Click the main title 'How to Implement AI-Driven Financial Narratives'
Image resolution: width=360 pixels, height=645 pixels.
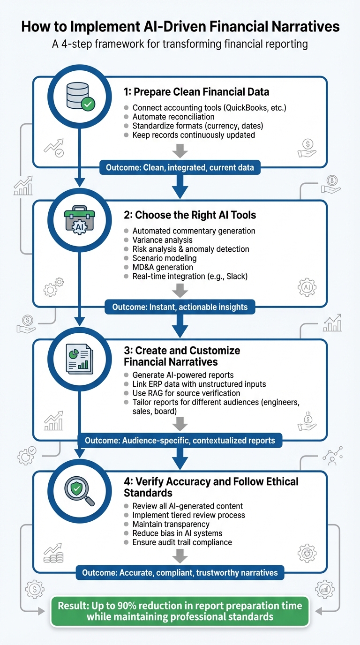[x=180, y=27]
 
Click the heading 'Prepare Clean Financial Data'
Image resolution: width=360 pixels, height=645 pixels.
[x=202, y=91]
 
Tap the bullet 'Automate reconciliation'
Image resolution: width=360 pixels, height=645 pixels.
[x=173, y=117]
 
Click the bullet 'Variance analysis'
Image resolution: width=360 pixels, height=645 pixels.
[x=163, y=240]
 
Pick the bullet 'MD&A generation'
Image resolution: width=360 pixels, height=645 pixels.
[x=163, y=267]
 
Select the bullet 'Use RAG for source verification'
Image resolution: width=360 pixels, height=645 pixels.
[x=186, y=393]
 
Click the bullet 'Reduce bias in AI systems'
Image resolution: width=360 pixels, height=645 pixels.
[x=177, y=533]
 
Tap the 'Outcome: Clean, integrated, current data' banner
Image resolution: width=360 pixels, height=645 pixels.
[x=180, y=167]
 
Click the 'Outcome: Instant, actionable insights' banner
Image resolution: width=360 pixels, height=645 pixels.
[x=180, y=307]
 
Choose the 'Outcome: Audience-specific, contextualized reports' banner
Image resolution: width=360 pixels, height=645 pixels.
[x=180, y=441]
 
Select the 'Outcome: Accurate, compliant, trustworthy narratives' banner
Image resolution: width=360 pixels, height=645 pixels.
[x=180, y=572]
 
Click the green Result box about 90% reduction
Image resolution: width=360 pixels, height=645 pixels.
[x=180, y=611]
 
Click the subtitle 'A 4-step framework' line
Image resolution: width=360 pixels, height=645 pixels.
[x=180, y=45]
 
